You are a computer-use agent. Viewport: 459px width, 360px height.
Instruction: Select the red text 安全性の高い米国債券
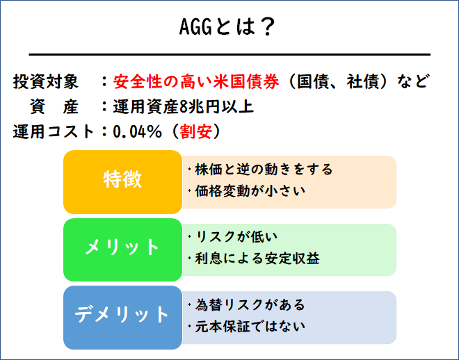(x=195, y=81)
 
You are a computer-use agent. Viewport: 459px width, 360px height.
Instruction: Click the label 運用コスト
(x=53, y=131)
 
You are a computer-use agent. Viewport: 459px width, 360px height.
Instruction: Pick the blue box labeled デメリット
(x=122, y=315)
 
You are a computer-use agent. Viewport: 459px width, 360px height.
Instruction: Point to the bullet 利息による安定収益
(x=257, y=258)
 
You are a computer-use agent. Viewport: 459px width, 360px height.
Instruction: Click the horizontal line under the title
(x=229, y=54)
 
